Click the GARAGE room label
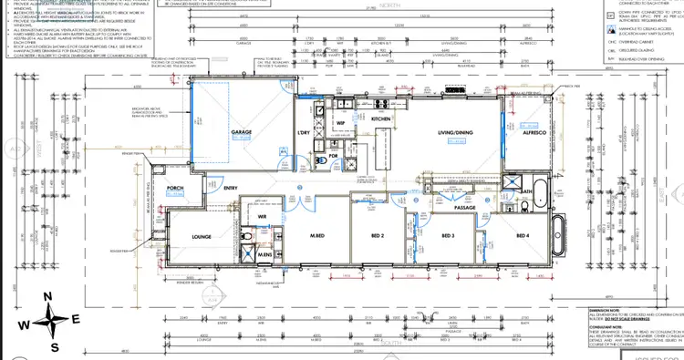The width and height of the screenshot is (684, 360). point(242,132)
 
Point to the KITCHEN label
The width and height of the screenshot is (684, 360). point(381,119)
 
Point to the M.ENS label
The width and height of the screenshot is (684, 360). point(265,255)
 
